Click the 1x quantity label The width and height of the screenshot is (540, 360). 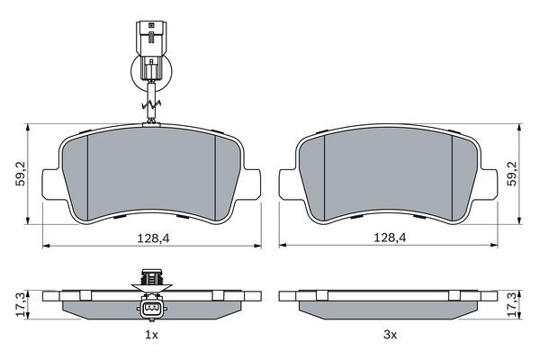pyautogui.click(x=151, y=335)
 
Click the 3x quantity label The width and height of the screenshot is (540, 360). pyautogui.click(x=390, y=335)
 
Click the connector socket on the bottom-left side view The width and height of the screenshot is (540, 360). pyautogui.click(x=151, y=310)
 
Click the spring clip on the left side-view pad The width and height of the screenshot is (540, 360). pyautogui.click(x=151, y=280)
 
